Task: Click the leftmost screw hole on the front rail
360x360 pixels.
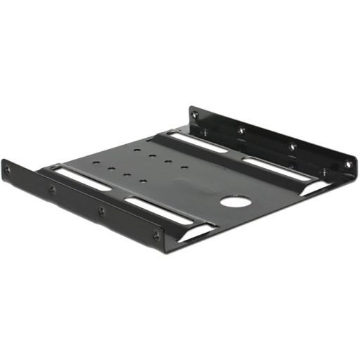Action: [x=8, y=171]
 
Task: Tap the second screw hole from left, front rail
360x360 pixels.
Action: [x=51, y=189]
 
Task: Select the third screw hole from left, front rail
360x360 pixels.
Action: [x=101, y=211]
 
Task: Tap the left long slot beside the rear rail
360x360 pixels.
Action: [x=198, y=142]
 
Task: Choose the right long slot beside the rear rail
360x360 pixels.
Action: [x=276, y=169]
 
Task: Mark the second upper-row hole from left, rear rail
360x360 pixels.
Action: [x=241, y=130]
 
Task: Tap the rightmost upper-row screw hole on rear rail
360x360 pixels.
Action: [x=347, y=165]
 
